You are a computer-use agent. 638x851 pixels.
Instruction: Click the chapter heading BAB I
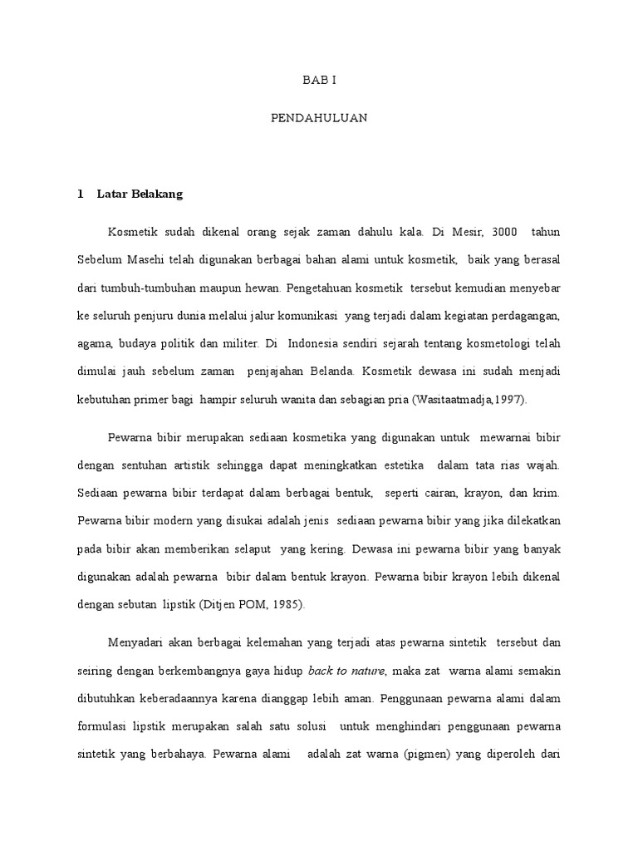[x=319, y=81]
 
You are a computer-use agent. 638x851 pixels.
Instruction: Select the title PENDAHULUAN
[x=319, y=119]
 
